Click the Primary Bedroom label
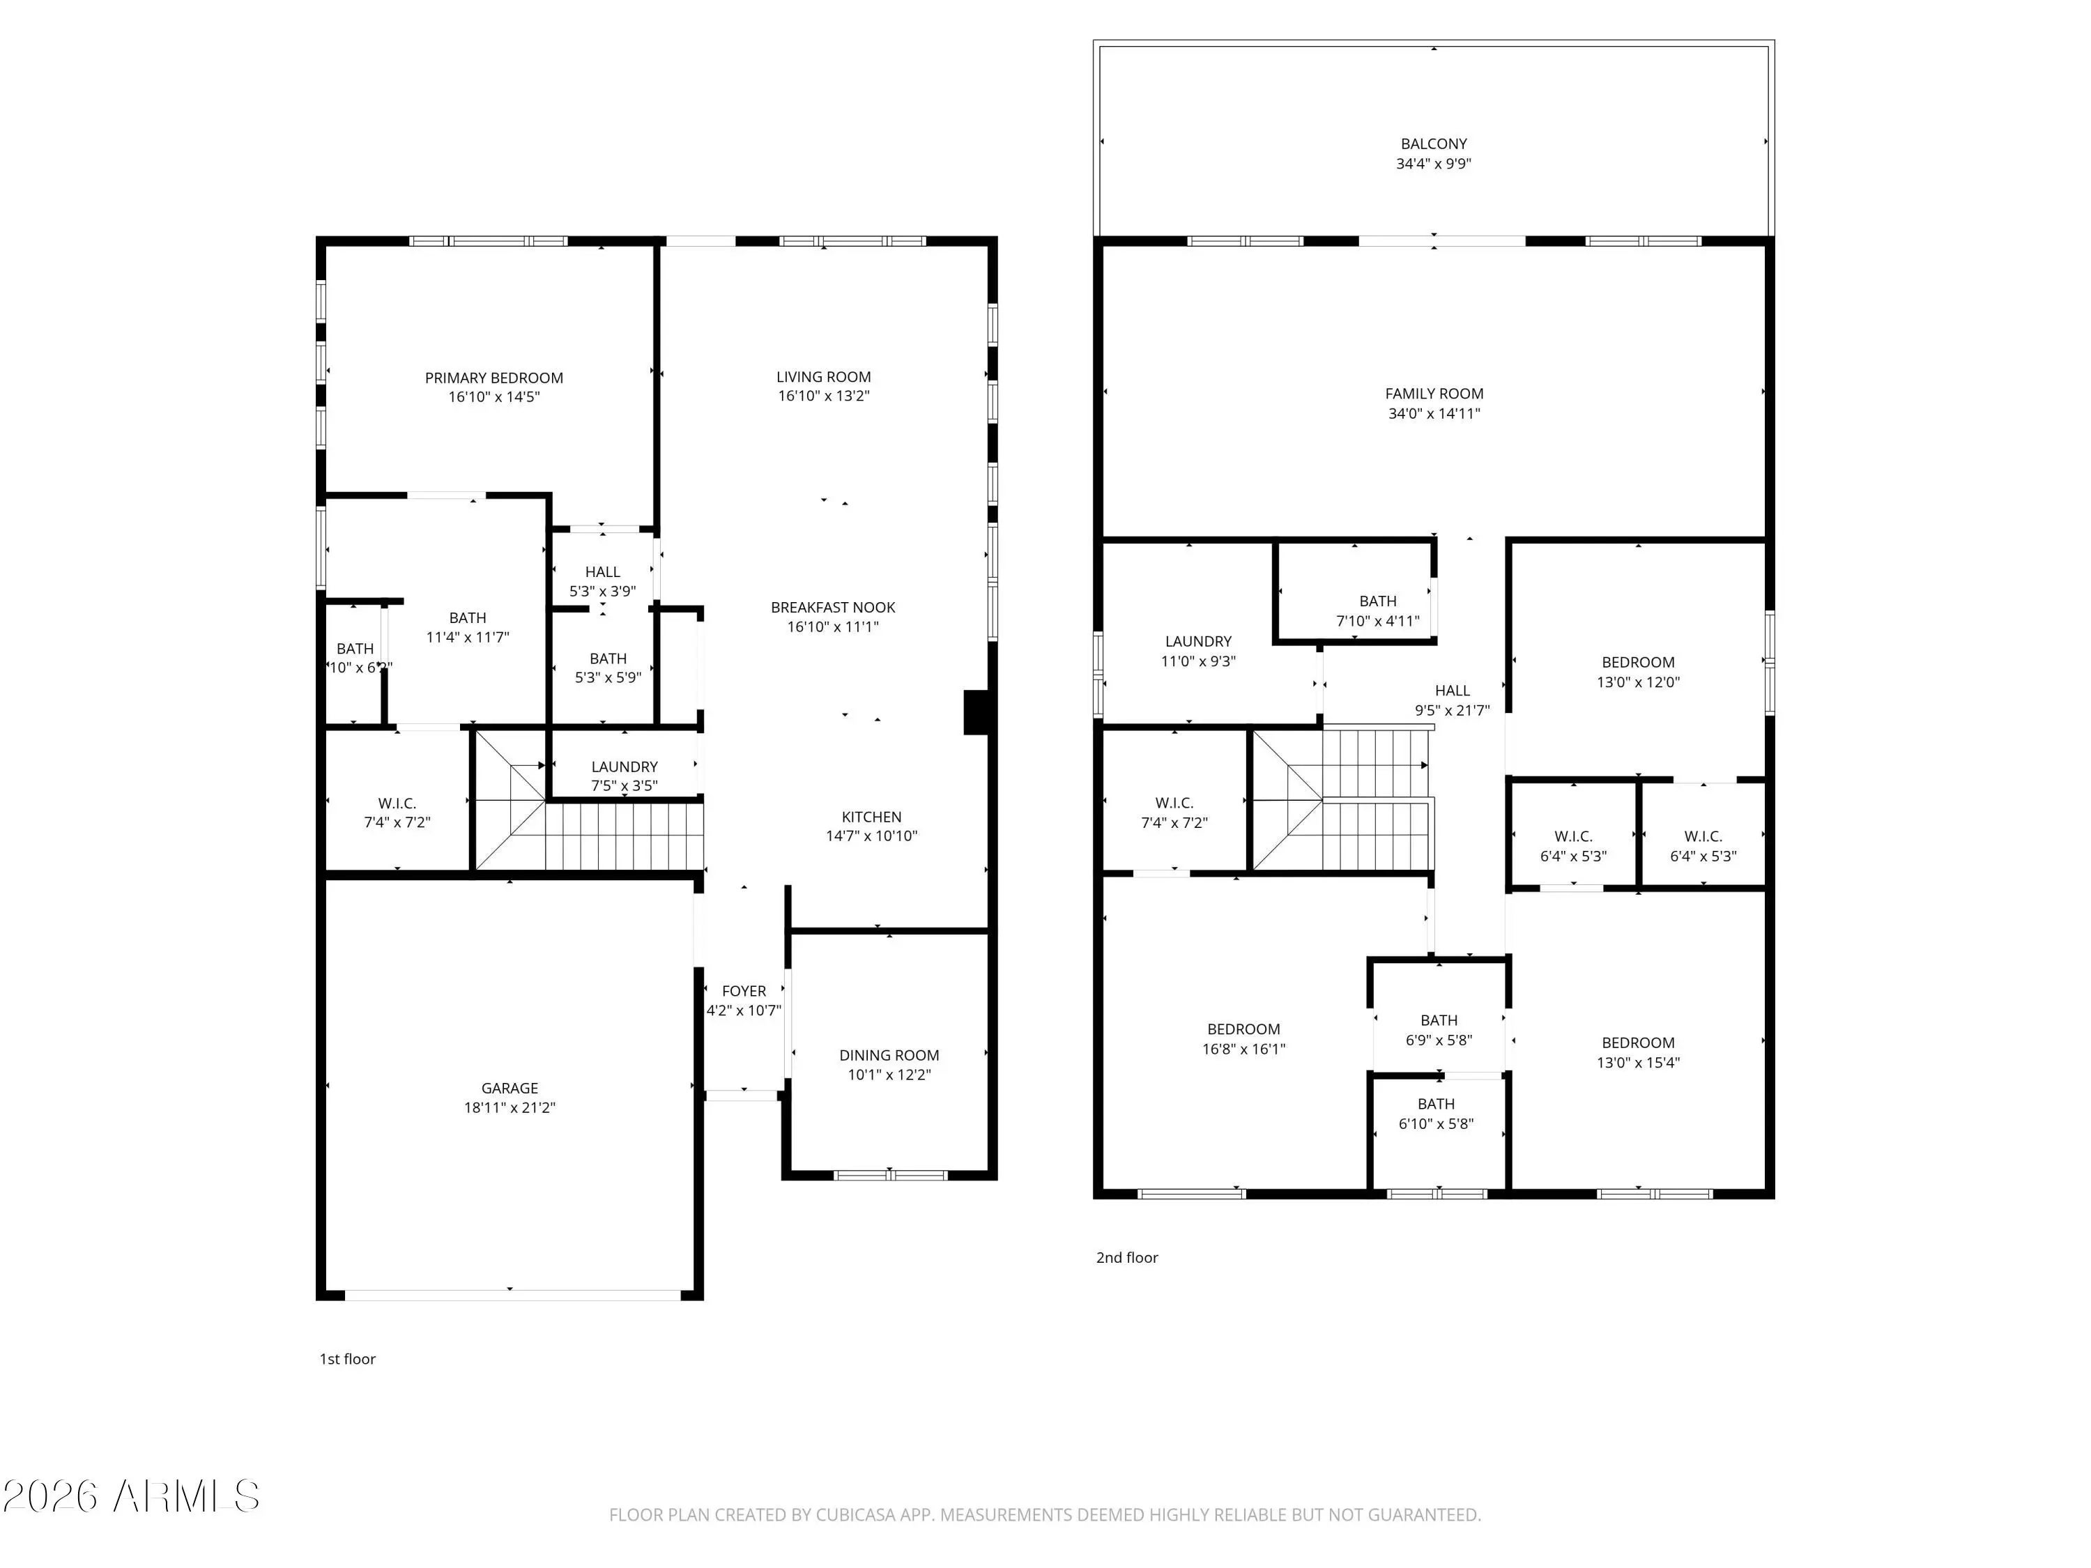coord(493,378)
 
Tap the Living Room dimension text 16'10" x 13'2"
coord(823,396)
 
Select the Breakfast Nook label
coord(833,608)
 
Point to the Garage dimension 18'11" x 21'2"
coord(510,1108)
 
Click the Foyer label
coord(744,992)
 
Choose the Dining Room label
coord(889,1056)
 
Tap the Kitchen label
coord(871,817)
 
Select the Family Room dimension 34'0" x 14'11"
coord(1434,414)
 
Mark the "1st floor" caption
coord(348,1359)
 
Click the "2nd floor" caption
coord(1127,1258)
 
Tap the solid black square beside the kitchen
coord(976,713)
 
